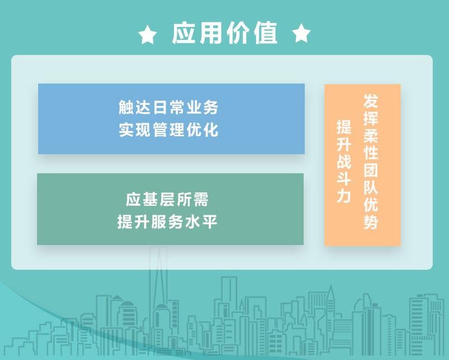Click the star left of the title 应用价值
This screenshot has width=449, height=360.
148,35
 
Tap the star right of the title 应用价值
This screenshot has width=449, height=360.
301,33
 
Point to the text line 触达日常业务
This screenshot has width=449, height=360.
169,107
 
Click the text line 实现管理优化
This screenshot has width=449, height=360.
169,130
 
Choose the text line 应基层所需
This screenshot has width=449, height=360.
167,200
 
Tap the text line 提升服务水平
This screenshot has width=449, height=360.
167,221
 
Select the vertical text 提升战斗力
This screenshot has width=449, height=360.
343,161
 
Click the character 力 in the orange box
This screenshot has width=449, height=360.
343,196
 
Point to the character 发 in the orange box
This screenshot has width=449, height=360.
371,101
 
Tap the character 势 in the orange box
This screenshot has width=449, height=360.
371,222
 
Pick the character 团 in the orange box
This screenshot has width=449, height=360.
371,170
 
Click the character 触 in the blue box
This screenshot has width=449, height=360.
126,107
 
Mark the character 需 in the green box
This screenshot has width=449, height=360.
201,200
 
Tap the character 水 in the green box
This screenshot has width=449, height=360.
193,221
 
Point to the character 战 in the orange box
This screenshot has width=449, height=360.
343,161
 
